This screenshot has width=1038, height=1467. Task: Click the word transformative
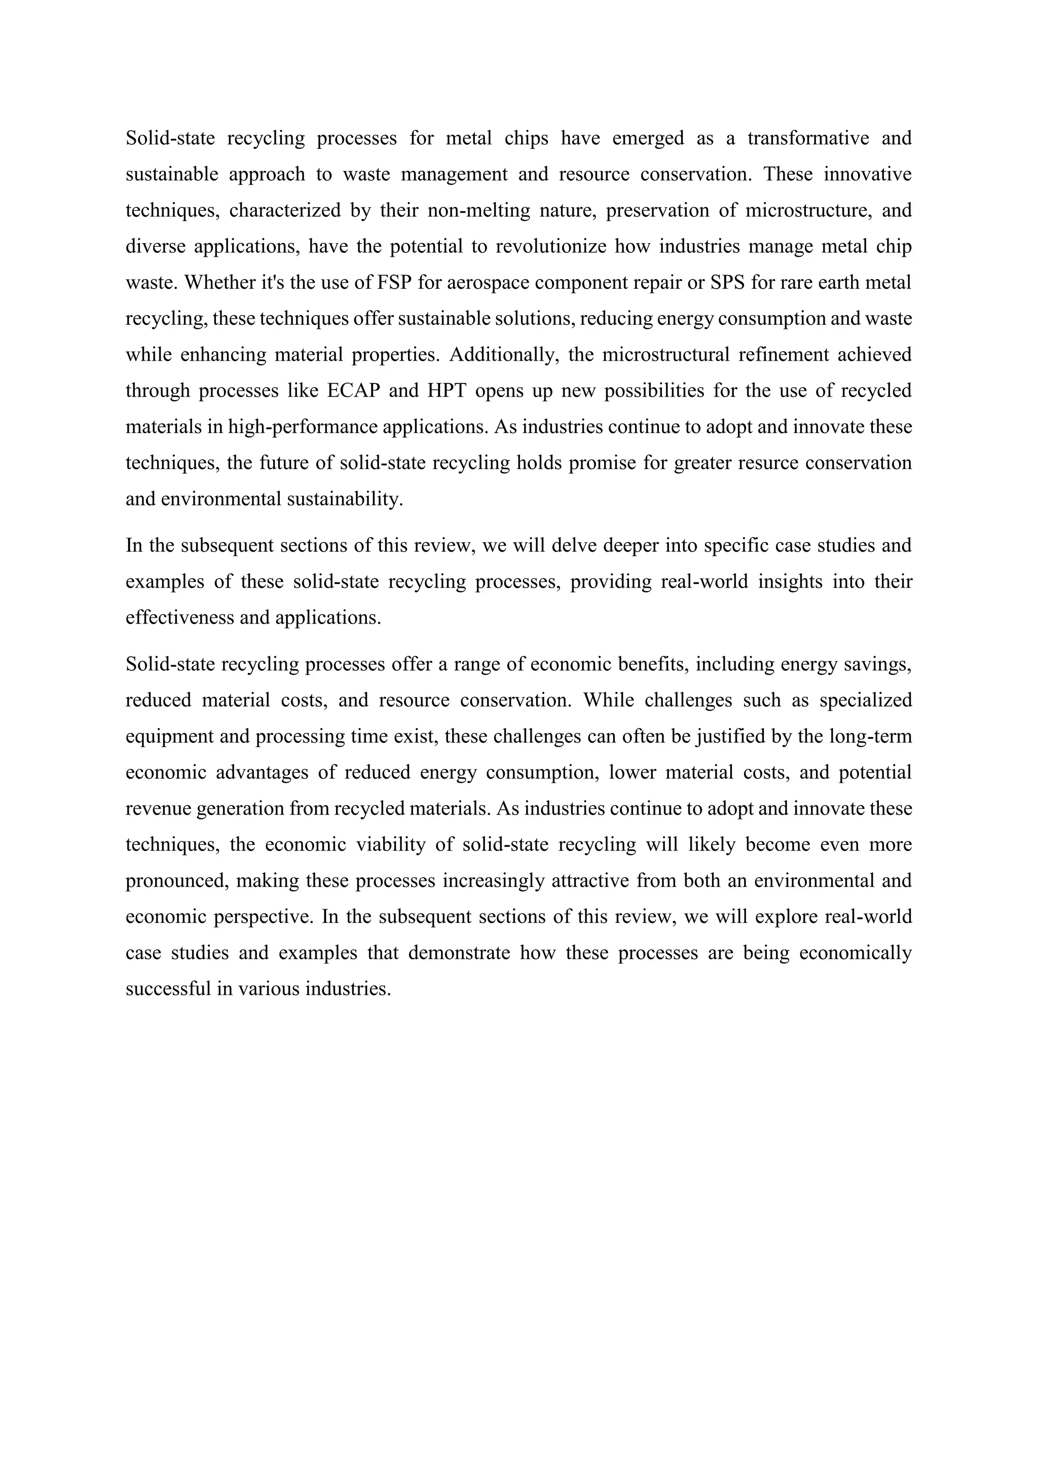(x=808, y=138)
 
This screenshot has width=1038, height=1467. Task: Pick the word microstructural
(x=665, y=355)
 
